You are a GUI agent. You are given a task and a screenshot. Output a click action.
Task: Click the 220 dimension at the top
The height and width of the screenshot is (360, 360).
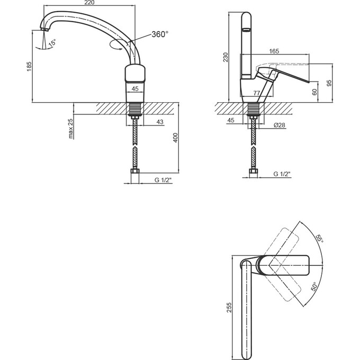click(x=89, y=2)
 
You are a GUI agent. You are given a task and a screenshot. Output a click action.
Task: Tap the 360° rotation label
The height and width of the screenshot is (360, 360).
click(x=160, y=34)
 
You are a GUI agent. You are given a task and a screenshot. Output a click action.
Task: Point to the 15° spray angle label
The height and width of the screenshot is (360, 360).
click(x=52, y=43)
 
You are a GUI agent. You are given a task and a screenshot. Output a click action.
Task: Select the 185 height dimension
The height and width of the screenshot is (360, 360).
click(x=29, y=66)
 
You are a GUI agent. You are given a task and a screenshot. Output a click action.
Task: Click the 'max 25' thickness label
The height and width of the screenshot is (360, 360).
click(x=71, y=129)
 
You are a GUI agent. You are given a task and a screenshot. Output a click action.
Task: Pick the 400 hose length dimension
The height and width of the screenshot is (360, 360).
click(x=175, y=138)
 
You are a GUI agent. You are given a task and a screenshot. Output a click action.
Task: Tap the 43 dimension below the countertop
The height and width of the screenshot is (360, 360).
click(x=160, y=122)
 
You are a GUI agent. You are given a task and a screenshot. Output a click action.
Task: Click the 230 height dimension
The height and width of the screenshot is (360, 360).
click(x=226, y=57)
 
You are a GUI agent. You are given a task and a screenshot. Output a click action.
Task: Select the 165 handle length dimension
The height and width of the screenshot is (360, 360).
click(x=274, y=51)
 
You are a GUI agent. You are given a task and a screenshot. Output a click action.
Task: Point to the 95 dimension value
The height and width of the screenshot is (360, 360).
click(x=329, y=83)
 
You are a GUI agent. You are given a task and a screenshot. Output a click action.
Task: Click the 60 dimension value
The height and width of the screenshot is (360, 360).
click(x=314, y=92)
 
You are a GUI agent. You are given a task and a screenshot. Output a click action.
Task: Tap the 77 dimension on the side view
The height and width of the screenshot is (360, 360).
click(x=257, y=93)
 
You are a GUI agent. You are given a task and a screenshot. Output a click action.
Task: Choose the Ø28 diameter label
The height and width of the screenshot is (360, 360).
click(x=279, y=125)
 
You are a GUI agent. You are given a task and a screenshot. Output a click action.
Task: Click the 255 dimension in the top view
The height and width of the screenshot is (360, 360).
click(x=229, y=308)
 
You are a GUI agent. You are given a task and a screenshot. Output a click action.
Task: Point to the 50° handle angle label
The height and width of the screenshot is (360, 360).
click(x=313, y=286)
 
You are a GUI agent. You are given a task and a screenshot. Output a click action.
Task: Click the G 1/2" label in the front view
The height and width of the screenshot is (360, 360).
click(x=163, y=180)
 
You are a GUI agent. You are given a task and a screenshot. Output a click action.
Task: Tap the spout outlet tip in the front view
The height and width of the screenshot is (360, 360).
click(x=45, y=30)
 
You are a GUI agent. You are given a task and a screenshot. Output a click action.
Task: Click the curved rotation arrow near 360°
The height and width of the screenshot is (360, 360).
click(x=115, y=44)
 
